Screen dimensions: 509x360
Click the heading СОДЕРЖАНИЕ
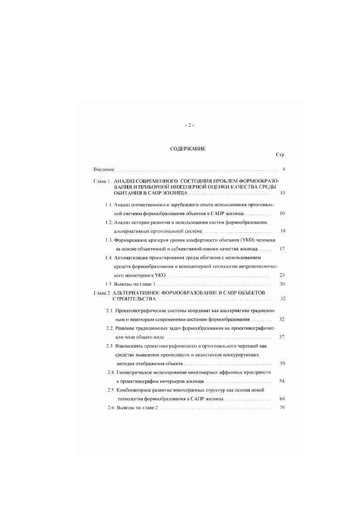pos(187,149)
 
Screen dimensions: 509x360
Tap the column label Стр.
pos(280,155)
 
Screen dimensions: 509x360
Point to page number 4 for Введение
pos(283,169)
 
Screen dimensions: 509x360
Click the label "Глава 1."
pos(102,181)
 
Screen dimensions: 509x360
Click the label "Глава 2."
pos(102,293)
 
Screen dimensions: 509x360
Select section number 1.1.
pos(109,205)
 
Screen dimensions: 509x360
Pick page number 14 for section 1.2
pos(283,231)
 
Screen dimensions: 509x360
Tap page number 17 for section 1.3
pos(282,249)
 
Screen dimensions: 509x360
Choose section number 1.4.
pos(109,258)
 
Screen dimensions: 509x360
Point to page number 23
pos(282,275)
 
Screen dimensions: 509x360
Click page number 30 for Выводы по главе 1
pos(282,284)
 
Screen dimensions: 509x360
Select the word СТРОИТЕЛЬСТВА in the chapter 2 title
pos(134,299)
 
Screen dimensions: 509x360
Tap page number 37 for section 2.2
pos(282,337)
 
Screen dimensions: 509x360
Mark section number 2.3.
pos(109,346)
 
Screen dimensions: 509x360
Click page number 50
pos(282,363)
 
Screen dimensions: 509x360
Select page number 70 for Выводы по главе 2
pos(282,408)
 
